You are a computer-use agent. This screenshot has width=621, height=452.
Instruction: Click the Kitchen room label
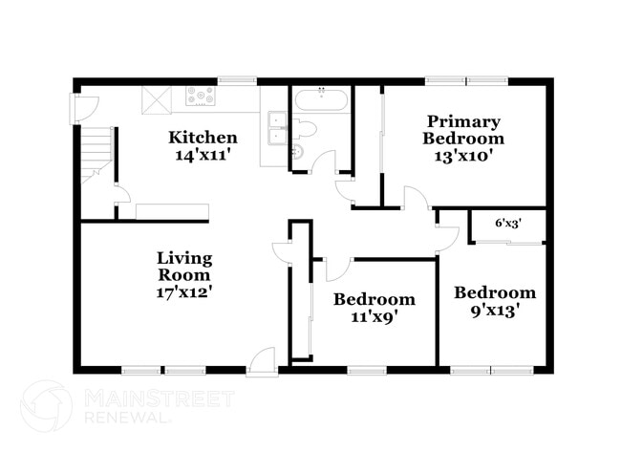pos(203,137)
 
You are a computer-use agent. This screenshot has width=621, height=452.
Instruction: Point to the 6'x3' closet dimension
pos(507,224)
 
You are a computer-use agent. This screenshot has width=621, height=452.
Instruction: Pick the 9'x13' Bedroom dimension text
pos(494,311)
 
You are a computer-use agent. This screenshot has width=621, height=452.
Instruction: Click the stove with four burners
pos(202,96)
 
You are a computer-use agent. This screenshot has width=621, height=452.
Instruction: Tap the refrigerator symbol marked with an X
pos(155,99)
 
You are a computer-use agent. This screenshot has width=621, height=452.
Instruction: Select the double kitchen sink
pos(277,126)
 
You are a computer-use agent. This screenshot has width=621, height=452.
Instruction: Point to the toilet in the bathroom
pos(305,129)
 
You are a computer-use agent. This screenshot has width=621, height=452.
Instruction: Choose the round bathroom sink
pos(295,152)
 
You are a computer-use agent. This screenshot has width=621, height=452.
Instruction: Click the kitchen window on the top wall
pos(235,81)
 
